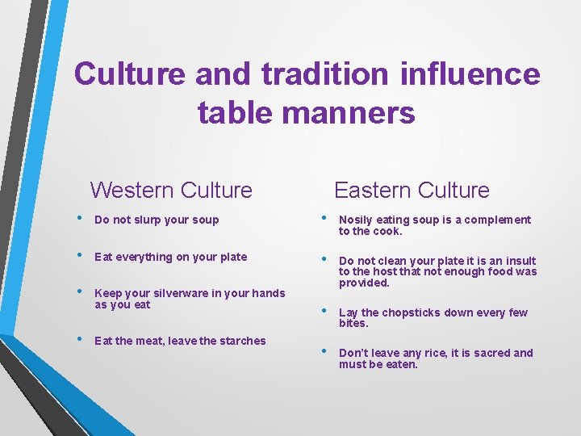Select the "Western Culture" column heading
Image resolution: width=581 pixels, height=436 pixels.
click(x=171, y=191)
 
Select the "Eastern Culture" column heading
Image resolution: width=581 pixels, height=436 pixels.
click(x=412, y=191)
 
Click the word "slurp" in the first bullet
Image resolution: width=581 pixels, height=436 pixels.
click(x=147, y=220)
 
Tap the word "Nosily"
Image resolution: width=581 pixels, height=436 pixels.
click(x=356, y=220)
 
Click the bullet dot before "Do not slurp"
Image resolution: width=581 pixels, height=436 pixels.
click(x=81, y=219)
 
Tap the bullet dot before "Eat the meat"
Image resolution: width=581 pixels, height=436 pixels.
click(x=81, y=340)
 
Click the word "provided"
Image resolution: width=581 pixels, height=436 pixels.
click(x=364, y=283)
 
